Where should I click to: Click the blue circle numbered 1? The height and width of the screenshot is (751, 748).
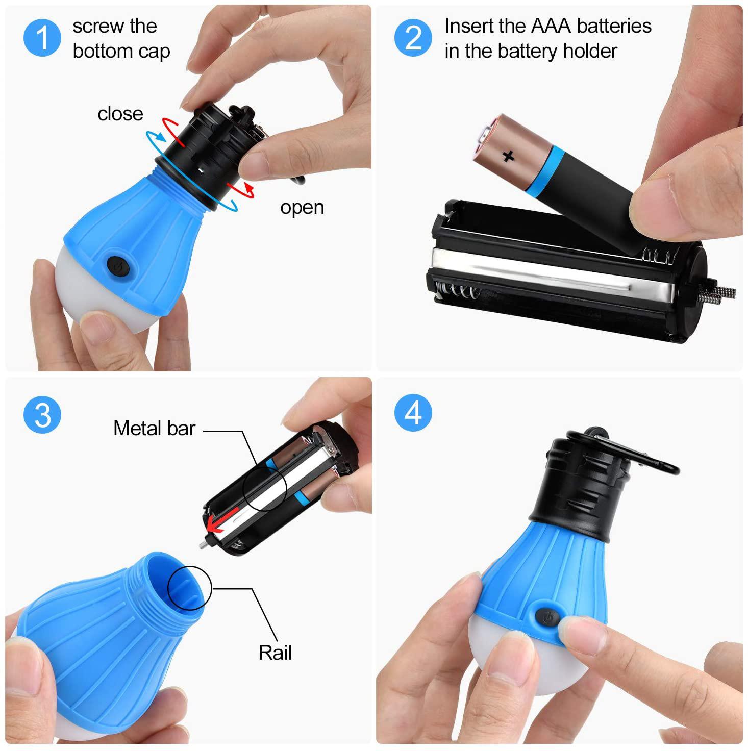(42, 38)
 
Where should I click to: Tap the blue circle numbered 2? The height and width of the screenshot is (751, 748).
(413, 38)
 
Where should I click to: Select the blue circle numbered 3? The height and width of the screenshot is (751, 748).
(42, 415)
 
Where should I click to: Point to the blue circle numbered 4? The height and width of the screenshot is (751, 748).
(413, 413)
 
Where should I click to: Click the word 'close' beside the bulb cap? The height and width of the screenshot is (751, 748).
(120, 114)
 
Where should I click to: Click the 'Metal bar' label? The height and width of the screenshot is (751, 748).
(154, 429)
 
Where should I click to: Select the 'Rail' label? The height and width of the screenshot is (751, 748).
(275, 653)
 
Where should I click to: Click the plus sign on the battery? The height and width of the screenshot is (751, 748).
(508, 156)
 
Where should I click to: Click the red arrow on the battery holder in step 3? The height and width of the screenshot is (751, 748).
(221, 520)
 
